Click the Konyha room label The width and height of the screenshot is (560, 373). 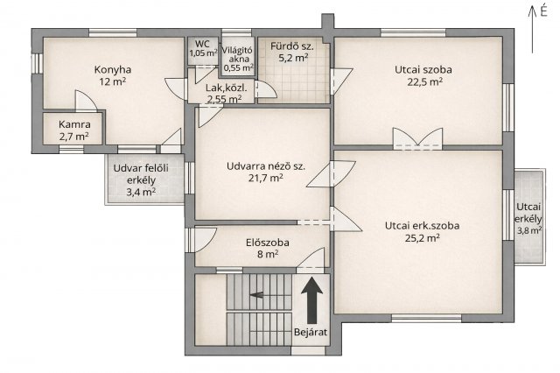tap(113, 70)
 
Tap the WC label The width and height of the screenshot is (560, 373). tap(202, 45)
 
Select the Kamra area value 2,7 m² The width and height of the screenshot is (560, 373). tap(73, 137)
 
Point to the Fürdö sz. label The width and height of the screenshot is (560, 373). tap(292, 46)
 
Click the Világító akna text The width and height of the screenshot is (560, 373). tap(238, 54)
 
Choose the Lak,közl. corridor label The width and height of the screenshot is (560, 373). tap(227, 88)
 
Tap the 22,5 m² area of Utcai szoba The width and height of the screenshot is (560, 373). tap(425, 81)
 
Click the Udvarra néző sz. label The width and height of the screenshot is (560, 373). tap(266, 166)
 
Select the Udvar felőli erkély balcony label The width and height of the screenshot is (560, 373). tap(141, 174)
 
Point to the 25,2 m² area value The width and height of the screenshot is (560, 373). tap(422, 238)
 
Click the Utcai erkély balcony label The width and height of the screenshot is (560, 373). tap(528, 213)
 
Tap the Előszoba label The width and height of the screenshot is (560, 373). tap(268, 243)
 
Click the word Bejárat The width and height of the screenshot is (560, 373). tap(311, 332)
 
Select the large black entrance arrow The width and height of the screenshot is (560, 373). tap(312, 300)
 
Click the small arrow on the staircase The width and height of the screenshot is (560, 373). tap(256, 295)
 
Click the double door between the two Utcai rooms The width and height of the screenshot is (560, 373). tap(417, 139)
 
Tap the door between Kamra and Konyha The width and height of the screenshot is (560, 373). tap(86, 101)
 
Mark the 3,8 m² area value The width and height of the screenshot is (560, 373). tap(529, 231)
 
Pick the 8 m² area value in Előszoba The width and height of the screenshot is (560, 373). tap(268, 255)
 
